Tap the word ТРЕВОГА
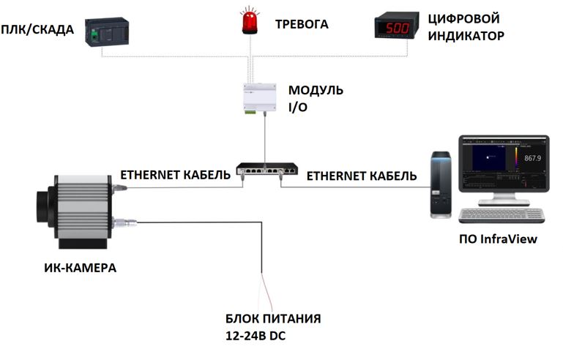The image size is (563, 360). (x=301, y=25)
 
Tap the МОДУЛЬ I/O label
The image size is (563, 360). (x=315, y=97)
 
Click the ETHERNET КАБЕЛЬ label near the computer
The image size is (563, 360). (x=362, y=176)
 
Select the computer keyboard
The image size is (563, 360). (x=502, y=216)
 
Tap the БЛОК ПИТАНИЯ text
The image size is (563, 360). (x=273, y=319)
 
